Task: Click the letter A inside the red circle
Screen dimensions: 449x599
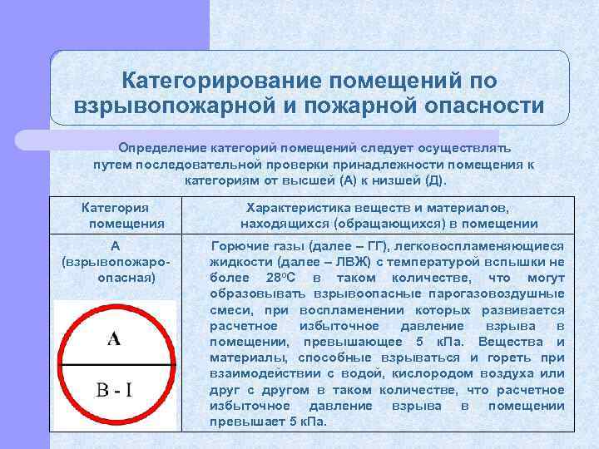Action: point(115,338)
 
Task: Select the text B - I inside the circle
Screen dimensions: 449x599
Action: point(114,389)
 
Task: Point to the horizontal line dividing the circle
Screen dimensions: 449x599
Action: point(115,363)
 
